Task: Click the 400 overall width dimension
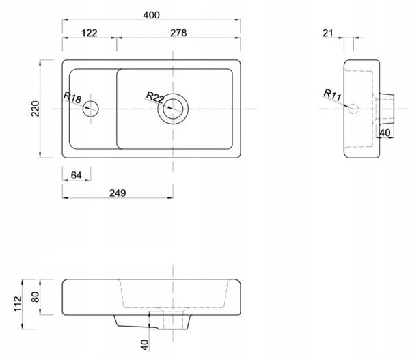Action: [151, 15]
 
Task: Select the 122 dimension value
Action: [90, 33]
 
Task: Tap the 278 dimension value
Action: [178, 33]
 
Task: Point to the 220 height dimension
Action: [35, 109]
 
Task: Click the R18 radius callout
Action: [72, 97]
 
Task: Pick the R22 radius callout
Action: [155, 97]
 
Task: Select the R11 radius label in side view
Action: [332, 95]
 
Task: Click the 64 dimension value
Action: [76, 175]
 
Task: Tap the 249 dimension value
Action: [118, 193]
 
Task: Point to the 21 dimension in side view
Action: [327, 33]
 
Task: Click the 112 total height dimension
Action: [18, 304]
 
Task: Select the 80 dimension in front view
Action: [35, 297]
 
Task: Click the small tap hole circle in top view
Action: [90, 109]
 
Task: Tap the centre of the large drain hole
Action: [173, 109]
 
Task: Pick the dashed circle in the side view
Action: [353, 109]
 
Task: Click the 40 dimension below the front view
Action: [144, 345]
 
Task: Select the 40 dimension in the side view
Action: [385, 133]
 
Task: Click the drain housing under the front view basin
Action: [152, 322]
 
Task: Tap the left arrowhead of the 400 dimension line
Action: [65, 20]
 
